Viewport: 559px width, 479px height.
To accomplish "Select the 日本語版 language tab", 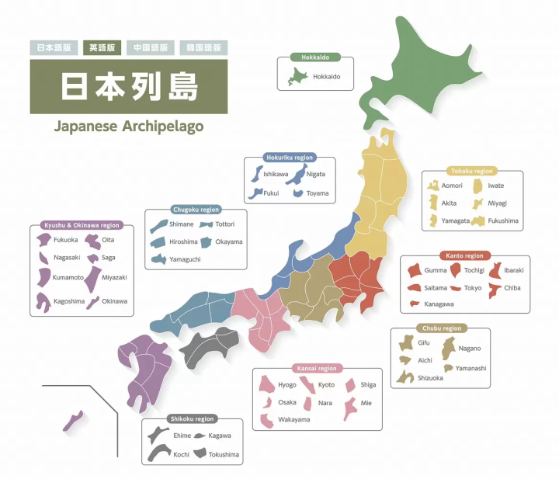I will tap(54, 47).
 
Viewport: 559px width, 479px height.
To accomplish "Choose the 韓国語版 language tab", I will tap(203, 47).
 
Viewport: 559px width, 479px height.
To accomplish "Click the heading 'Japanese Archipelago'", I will tap(129, 126).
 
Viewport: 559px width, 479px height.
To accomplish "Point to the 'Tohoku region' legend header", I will tap(472, 171).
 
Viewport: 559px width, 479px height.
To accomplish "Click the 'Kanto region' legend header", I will tap(464, 255).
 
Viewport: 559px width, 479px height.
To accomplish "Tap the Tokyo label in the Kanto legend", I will tap(473, 288).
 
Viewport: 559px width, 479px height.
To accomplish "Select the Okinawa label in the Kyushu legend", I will tap(114, 300).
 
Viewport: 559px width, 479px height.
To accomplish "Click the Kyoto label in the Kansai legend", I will tap(326, 385).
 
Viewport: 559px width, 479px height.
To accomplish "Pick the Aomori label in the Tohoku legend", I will tap(452, 186).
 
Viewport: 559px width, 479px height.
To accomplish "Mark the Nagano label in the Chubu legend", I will tap(470, 349).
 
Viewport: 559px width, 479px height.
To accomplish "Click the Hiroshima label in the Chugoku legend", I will tap(183, 241).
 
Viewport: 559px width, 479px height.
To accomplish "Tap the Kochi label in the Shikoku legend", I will tap(181, 454).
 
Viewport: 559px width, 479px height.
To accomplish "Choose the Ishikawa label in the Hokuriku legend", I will tap(276, 175).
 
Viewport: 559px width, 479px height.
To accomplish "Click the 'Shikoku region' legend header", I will tap(191, 419).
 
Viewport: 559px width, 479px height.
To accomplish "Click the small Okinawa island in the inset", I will tap(73, 421).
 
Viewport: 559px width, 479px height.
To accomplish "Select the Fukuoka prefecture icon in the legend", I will tap(44, 240).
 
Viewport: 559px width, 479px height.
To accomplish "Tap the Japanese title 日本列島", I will tap(129, 87).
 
